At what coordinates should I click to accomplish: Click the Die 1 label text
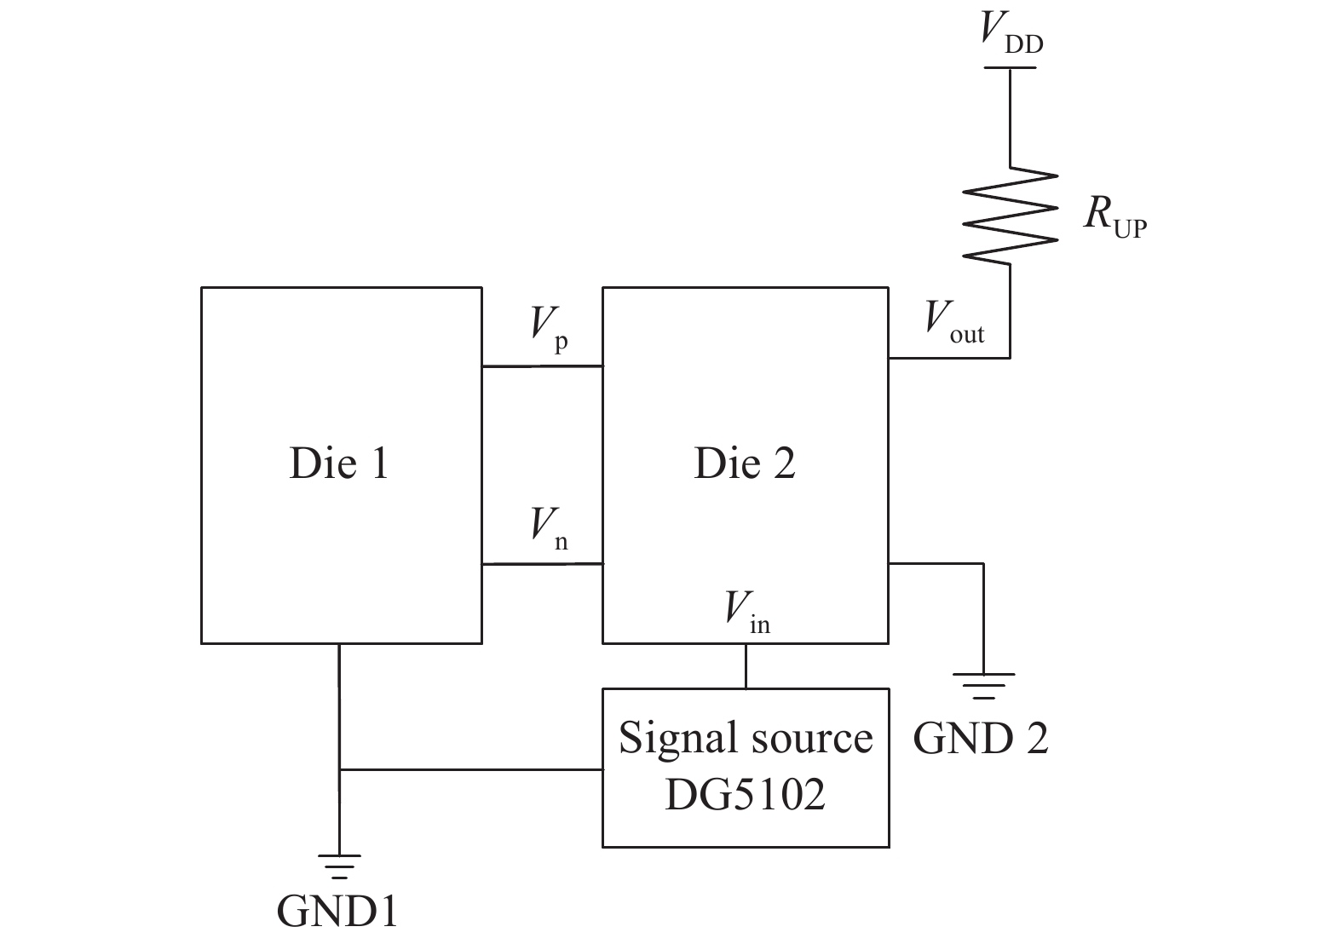coord(339,463)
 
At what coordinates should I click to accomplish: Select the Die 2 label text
coord(745,463)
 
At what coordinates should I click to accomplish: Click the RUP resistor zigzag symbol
coord(1011,216)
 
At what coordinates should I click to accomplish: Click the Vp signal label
coord(549,329)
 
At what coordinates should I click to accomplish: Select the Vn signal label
coord(549,528)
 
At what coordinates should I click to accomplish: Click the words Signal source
coord(746,737)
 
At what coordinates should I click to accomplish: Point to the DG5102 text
coord(746,794)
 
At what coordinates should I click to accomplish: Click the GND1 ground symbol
coord(339,866)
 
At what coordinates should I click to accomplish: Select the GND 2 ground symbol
coord(983,685)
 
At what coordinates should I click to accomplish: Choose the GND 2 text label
coord(981,738)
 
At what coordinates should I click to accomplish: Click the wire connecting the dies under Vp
coord(542,367)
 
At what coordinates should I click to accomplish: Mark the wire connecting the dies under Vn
coord(542,564)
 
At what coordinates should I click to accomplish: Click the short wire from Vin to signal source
coord(746,665)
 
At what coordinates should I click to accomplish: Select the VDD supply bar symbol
coord(1011,67)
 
